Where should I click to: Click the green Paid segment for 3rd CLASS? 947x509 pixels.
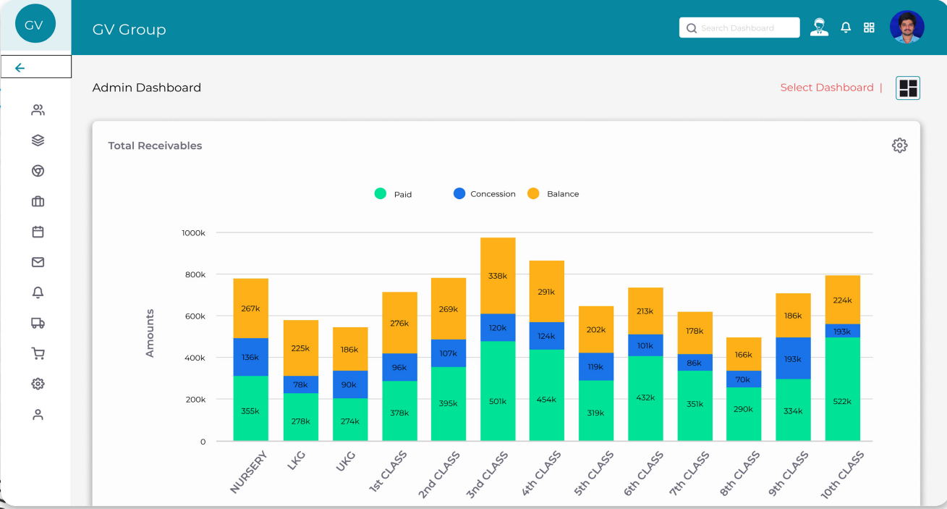coord(498,391)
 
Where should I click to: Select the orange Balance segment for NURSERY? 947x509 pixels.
coord(250,308)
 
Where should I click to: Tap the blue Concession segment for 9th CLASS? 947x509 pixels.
coord(793,358)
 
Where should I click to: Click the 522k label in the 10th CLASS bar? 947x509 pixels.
coord(842,401)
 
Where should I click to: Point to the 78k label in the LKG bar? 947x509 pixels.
coord(300,384)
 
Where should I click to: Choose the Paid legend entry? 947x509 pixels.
coord(394,194)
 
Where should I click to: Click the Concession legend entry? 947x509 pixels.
coord(485,194)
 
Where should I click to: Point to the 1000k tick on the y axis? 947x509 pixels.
coord(193,233)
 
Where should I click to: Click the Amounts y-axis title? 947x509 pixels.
coord(150,333)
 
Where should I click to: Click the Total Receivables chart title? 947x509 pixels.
coord(155,146)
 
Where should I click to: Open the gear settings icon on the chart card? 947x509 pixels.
coord(899,146)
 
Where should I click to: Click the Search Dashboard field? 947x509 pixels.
coord(739,28)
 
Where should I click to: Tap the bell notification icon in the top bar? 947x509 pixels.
coord(846,28)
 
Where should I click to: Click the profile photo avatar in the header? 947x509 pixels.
coord(906,28)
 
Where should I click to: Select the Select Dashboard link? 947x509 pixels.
coord(827,88)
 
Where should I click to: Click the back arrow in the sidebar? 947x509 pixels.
coord(20,68)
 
